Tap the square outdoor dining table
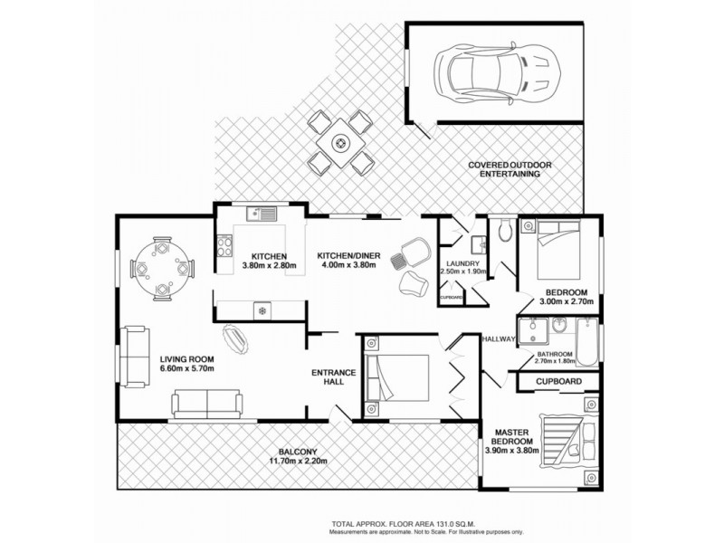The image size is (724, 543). (341, 141)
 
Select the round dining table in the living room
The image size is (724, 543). (162, 267)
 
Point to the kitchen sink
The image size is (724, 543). (263, 215)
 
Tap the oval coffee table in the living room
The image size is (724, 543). (238, 338)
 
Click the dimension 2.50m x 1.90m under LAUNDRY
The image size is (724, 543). (463, 271)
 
